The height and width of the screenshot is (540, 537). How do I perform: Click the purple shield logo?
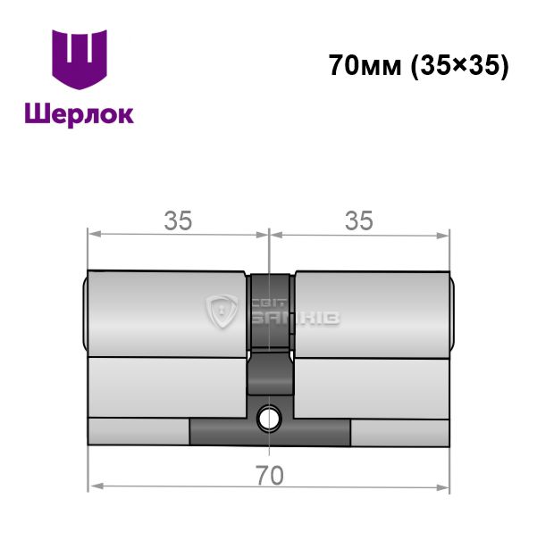[x=80, y=59]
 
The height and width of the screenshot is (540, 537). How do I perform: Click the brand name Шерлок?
[x=80, y=114]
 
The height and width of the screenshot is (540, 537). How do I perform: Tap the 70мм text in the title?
[x=365, y=65]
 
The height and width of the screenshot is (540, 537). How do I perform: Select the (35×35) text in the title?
[x=460, y=65]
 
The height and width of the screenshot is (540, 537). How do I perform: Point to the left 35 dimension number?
[x=178, y=220]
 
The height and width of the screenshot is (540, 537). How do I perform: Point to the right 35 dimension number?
[x=359, y=220]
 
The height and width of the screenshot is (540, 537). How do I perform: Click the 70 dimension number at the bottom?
[x=270, y=476]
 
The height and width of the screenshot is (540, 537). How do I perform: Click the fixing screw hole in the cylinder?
[x=269, y=419]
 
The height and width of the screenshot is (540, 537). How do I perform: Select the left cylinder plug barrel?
[x=167, y=314]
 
